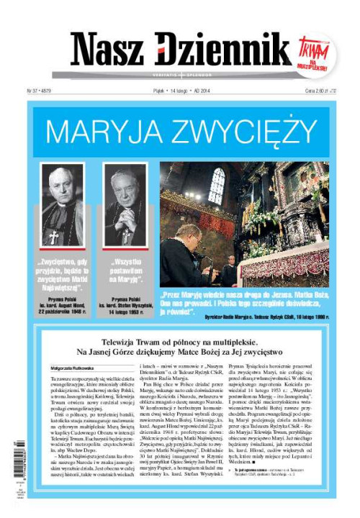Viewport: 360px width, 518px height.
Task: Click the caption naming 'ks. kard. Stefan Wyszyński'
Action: click(124, 308)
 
